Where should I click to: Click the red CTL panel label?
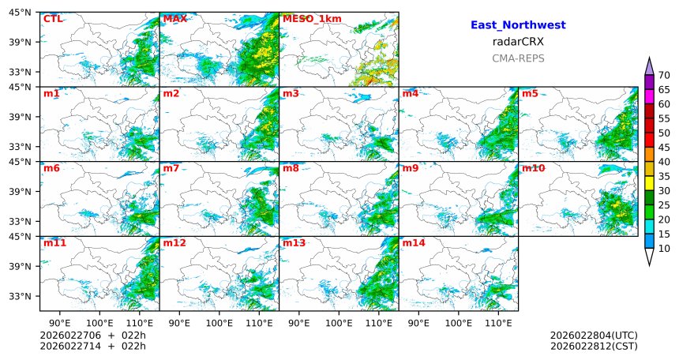coord(53,19)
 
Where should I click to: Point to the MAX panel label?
coord(174,19)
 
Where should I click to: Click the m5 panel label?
coord(530,94)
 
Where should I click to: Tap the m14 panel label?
coord(414,243)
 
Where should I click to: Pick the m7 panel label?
coord(171,168)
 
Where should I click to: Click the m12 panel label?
coord(174,243)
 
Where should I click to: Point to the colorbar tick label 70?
coord(664,76)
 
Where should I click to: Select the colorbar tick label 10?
coord(664,249)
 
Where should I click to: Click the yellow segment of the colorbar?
coord(650,182)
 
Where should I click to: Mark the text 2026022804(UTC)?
coord(594,336)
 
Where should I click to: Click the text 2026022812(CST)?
coord(594,346)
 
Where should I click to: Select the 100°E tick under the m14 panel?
coord(458,322)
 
